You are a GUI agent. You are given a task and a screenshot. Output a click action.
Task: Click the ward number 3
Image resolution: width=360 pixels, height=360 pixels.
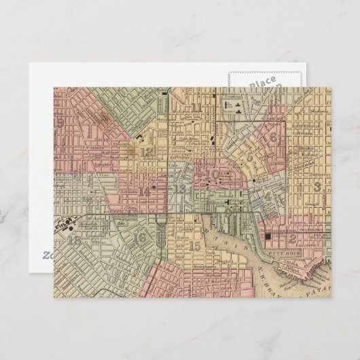tap(317, 186)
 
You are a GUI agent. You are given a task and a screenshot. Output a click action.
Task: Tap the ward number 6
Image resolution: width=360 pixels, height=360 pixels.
tap(273, 138)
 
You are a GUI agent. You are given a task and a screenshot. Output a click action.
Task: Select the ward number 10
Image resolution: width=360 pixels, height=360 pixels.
tap(215, 174)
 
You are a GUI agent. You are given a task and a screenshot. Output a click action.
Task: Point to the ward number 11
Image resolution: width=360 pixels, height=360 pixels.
tap(196, 108)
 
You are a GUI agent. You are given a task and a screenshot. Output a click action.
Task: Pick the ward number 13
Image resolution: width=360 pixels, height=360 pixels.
tap(180, 189)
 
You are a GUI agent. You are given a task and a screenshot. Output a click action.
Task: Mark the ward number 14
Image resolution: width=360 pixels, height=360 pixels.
tap(145, 192)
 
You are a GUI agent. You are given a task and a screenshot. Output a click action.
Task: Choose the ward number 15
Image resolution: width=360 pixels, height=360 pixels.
tap(196, 245)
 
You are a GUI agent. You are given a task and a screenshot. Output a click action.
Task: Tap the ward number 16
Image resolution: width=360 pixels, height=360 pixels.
tap(140, 238)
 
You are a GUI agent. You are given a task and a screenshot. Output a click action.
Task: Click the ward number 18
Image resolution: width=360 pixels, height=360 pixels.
tap(74, 240)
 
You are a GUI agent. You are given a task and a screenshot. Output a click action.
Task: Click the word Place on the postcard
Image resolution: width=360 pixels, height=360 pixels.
tap(262, 84)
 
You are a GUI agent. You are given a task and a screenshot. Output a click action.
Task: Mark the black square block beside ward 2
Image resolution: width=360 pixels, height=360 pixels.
tap(268, 236)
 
